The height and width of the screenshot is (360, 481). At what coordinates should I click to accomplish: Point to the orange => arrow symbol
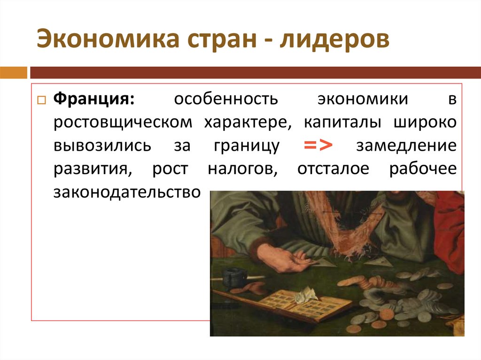(318, 146)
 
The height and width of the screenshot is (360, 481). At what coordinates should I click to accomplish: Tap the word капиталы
(344, 123)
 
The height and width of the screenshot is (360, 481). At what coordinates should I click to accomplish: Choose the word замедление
(406, 146)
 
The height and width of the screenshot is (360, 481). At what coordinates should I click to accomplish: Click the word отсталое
(334, 169)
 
